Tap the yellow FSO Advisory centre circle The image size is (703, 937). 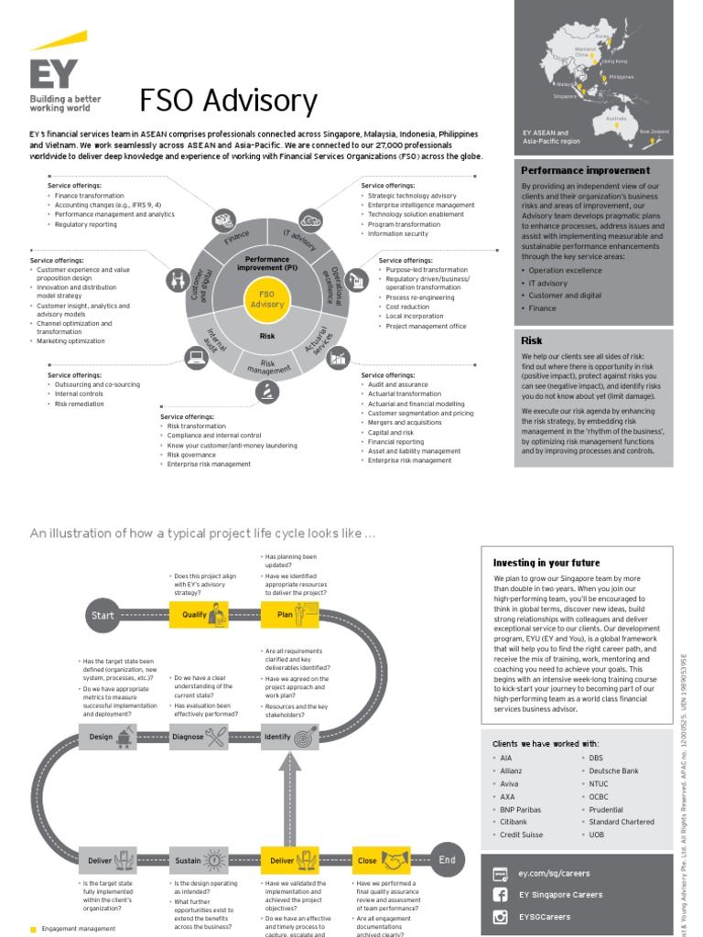[267, 298]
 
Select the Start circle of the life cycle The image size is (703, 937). [103, 616]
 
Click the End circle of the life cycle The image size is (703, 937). [447, 860]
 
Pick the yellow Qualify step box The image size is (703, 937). [200, 616]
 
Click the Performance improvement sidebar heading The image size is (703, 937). [585, 170]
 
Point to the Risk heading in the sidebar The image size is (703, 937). [532, 340]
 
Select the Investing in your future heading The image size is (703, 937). [546, 563]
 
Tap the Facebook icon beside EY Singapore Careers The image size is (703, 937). [501, 894]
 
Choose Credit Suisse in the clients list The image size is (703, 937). [521, 835]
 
